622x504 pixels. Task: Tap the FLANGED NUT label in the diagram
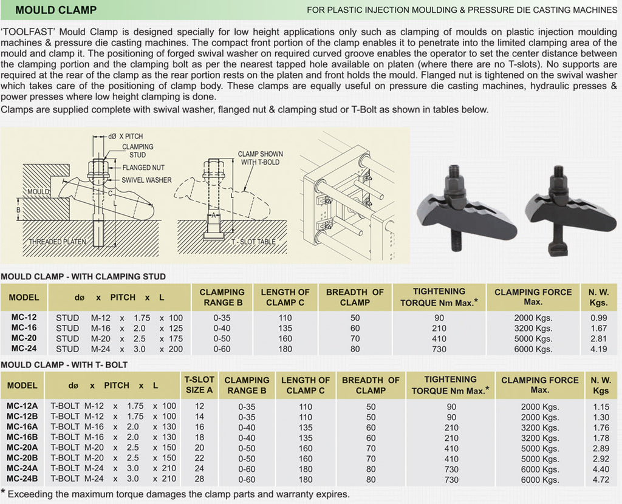point(143,168)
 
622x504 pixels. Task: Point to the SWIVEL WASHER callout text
point(146,180)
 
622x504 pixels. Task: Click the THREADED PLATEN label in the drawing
point(58,242)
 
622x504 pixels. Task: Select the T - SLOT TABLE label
point(253,242)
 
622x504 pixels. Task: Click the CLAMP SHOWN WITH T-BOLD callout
point(259,158)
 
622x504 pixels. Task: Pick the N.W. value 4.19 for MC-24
point(598,349)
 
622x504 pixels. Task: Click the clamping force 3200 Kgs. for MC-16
point(533,328)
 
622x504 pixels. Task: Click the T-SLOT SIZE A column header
point(199,385)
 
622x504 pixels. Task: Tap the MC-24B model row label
point(22,479)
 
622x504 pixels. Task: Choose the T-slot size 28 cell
point(199,479)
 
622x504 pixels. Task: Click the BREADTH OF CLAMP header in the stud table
point(355,297)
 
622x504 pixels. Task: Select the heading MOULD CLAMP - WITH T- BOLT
point(64,365)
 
